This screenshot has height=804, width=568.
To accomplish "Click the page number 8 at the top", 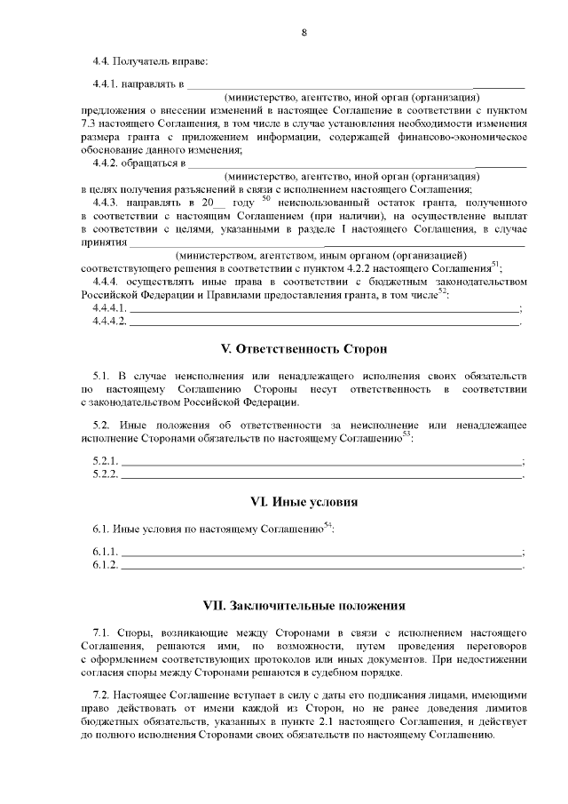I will coord(304,33).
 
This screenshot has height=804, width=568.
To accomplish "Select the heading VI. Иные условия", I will coord(304,502).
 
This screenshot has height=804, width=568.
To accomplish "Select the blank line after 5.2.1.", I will coord(321,461).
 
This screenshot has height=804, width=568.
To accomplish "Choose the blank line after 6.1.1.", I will coord(321,552).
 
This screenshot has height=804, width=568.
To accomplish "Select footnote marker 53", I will coord(406,434).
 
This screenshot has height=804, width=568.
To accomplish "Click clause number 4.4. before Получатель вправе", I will coord(103,61).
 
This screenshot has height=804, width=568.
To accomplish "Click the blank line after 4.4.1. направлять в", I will coord(355,85).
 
